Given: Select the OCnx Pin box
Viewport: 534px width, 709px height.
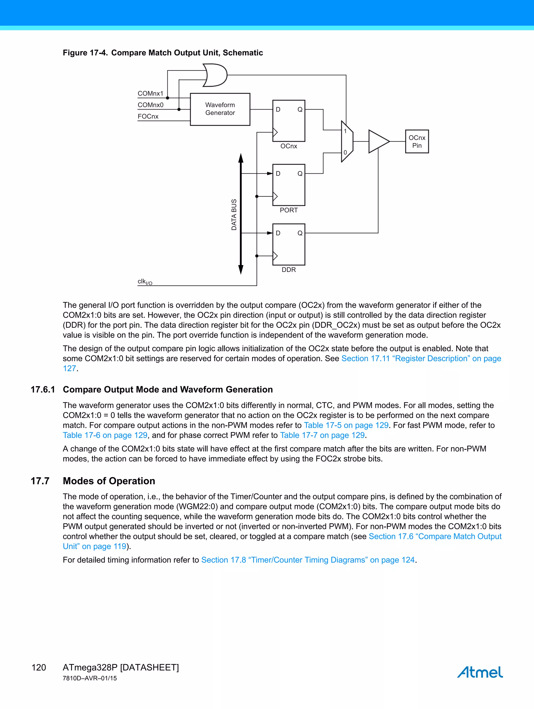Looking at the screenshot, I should click(417, 141).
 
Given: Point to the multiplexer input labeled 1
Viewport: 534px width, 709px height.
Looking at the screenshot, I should click(345, 131).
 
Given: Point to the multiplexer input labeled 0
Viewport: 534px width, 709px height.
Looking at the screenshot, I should click(345, 153).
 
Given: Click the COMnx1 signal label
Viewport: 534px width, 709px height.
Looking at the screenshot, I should click(150, 93).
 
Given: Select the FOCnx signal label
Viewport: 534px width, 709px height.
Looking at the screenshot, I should click(148, 116).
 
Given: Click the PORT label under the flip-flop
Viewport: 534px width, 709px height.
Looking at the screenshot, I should click(288, 210).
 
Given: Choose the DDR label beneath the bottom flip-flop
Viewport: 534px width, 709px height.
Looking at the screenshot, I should click(288, 270).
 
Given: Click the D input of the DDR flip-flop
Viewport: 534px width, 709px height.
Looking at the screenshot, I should click(278, 233).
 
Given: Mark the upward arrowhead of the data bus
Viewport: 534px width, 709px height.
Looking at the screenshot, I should click(241, 158).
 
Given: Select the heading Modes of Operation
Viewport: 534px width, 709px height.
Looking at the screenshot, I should click(109, 481).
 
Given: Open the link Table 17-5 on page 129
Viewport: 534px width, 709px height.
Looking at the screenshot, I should click(346, 425).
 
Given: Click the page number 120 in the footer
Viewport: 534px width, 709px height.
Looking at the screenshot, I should click(39, 667).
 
